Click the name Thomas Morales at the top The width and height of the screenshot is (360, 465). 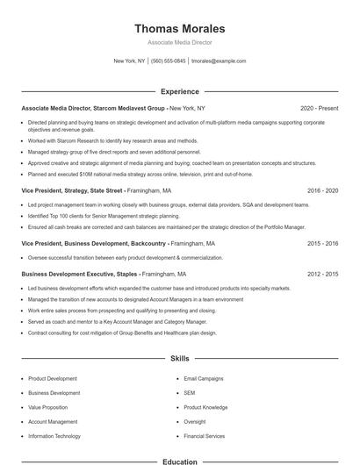pyautogui.click(x=180, y=28)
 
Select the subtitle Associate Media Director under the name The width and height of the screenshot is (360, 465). pyautogui.click(x=180, y=42)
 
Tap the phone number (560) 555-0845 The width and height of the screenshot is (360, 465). pyautogui.click(x=169, y=61)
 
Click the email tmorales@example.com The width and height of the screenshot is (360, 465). pyautogui.click(x=219, y=61)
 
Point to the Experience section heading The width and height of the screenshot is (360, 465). pyautogui.click(x=180, y=91)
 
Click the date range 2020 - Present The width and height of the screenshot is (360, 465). pyautogui.click(x=319, y=108)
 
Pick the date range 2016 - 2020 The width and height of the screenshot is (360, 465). pyautogui.click(x=322, y=190)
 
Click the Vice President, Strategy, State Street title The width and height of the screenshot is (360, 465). pyautogui.click(x=73, y=190)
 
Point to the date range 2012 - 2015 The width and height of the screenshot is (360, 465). pyautogui.click(x=322, y=274)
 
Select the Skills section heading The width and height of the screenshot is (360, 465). pyautogui.click(x=180, y=359)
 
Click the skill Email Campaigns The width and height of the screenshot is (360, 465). pyautogui.click(x=204, y=378)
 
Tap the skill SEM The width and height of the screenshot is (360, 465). pyautogui.click(x=190, y=393)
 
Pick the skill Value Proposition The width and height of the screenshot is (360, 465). pyautogui.click(x=47, y=407)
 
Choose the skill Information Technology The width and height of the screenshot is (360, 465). pyautogui.click(x=54, y=436)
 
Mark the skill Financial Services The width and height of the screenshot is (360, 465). pyautogui.click(x=205, y=436)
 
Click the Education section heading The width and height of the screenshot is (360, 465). pyautogui.click(x=180, y=461)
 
